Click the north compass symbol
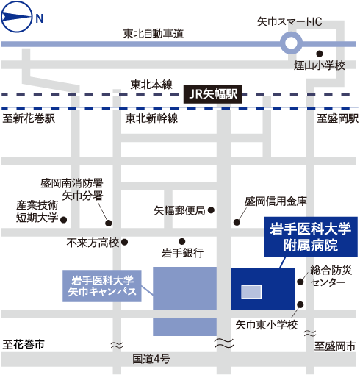(x=17, y=17)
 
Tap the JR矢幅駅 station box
(x=213, y=94)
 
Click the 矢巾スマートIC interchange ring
(x=291, y=43)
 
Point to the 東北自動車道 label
(x=153, y=34)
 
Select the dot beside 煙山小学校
(x=320, y=54)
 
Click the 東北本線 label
(x=151, y=85)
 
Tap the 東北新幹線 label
(x=151, y=118)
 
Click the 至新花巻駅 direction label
(x=29, y=118)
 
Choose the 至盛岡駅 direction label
(x=338, y=118)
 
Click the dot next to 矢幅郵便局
(x=211, y=210)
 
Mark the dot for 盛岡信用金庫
(x=237, y=222)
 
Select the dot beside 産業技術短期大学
(x=64, y=220)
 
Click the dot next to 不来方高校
(x=125, y=242)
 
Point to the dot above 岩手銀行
(x=181, y=242)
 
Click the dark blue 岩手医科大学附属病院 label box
(x=311, y=237)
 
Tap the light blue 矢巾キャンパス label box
(x=102, y=286)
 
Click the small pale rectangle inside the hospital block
(x=251, y=292)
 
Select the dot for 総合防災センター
(x=300, y=282)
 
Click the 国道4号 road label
(x=151, y=359)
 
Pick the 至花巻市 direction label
(x=24, y=344)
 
